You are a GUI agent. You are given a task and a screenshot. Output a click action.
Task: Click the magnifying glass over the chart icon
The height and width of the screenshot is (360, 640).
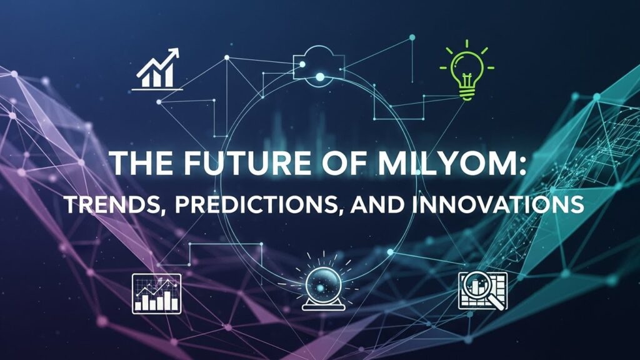[x=482, y=291]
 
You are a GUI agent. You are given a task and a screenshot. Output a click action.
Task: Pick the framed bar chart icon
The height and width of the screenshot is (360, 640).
[x=156, y=293]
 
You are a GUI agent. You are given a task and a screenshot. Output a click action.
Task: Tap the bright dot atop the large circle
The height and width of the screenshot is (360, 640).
[x=320, y=77]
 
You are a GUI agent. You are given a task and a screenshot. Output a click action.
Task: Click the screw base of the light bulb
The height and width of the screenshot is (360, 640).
[x=467, y=93]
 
